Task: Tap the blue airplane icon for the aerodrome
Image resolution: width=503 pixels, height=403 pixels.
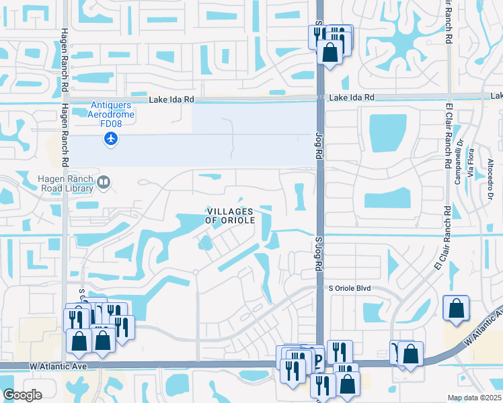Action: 111,139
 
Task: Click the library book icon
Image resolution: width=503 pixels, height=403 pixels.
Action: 104,181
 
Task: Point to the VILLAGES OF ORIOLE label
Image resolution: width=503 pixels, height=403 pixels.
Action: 229,216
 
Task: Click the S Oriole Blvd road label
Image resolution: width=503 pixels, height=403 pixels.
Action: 350,288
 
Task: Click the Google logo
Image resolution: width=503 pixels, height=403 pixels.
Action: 22,395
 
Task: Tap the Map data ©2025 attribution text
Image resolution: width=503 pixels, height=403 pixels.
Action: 474,398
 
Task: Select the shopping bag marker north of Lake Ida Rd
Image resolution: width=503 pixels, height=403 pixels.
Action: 330,52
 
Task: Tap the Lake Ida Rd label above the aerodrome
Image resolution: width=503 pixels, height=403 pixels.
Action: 171,99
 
